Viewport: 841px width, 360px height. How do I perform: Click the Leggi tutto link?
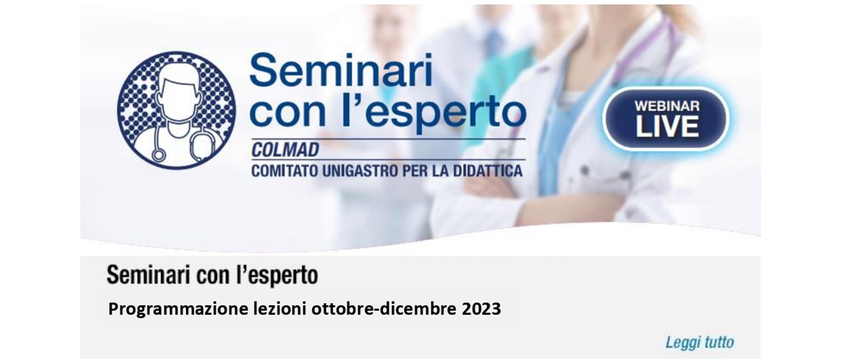(700, 342)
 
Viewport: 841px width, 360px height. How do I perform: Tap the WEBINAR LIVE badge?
(666, 118)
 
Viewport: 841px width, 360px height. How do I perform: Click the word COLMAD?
(285, 150)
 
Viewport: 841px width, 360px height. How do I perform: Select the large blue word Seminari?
(341, 70)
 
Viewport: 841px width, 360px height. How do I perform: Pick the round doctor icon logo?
(177, 110)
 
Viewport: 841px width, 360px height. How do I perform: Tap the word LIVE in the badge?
(667, 127)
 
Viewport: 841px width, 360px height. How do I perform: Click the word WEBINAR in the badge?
(667, 106)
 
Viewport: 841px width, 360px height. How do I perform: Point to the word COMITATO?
(285, 171)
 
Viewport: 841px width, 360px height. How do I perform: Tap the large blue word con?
(288, 114)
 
